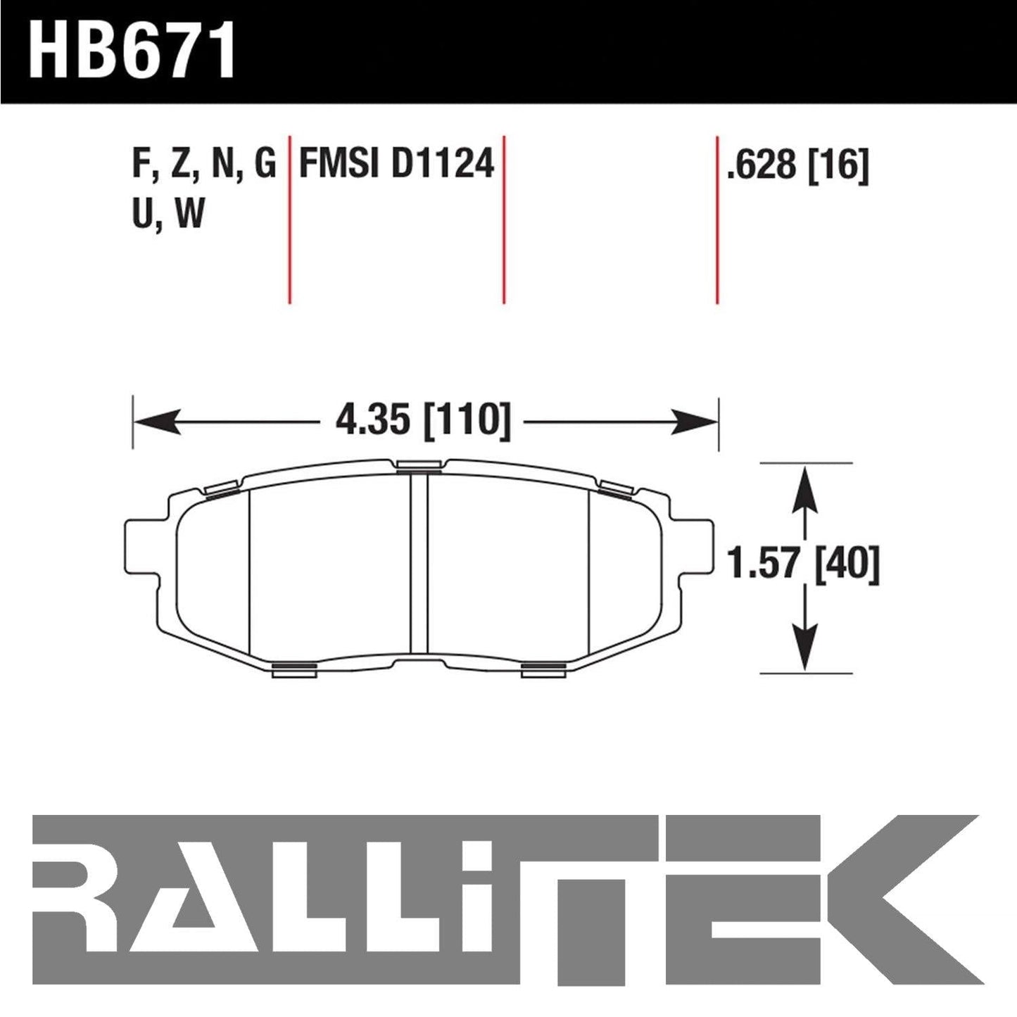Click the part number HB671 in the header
click(x=132, y=50)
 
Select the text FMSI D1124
click(x=396, y=163)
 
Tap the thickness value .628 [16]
click(x=797, y=165)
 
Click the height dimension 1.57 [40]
click(x=803, y=564)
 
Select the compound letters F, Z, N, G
click(x=204, y=164)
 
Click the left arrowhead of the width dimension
click(x=157, y=422)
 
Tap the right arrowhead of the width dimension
click(x=695, y=422)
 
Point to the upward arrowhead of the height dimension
click(x=805, y=489)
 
